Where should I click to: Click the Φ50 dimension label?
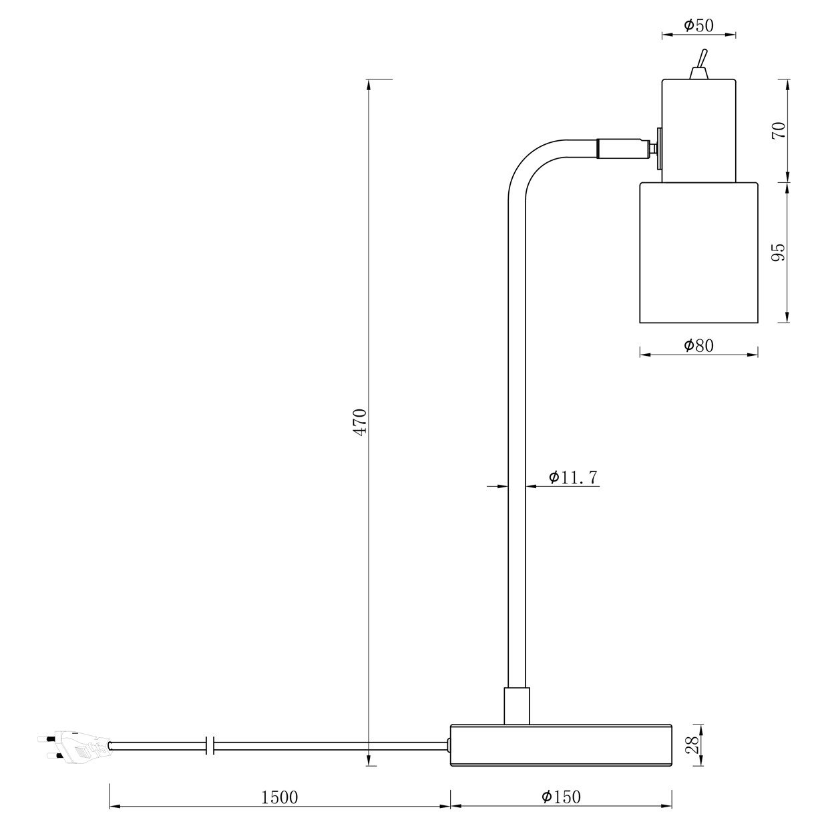698,25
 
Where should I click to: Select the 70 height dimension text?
779,130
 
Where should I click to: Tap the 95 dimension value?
779,252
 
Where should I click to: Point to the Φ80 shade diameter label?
698,345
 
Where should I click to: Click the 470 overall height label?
360,422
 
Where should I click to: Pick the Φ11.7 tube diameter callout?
572,477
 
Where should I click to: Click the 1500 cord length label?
280,797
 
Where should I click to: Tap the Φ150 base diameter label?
561,797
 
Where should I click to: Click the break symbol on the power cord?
210,745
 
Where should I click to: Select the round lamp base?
561,744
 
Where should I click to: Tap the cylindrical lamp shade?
698,252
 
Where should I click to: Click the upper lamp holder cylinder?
698,130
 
